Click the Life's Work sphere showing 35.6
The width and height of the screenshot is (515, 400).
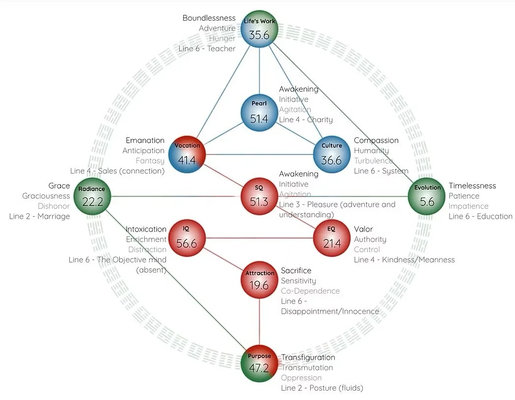(259, 30)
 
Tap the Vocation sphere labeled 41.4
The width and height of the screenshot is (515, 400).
(187, 155)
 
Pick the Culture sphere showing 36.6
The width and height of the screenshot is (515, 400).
(332, 155)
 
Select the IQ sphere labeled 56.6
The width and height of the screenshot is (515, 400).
(187, 238)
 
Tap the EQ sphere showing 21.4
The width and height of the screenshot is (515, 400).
(332, 238)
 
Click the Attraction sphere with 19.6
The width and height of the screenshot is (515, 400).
(259, 280)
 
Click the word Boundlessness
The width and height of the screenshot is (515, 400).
(209, 18)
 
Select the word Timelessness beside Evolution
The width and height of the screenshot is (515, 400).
(472, 186)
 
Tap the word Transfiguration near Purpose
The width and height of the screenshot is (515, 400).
(308, 357)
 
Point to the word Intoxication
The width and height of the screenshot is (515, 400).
(146, 229)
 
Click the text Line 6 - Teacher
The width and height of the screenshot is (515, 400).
(207, 49)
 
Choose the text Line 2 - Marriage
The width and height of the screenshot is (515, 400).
(39, 216)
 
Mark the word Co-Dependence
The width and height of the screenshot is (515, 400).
(310, 291)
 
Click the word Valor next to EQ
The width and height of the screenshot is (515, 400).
(363, 229)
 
